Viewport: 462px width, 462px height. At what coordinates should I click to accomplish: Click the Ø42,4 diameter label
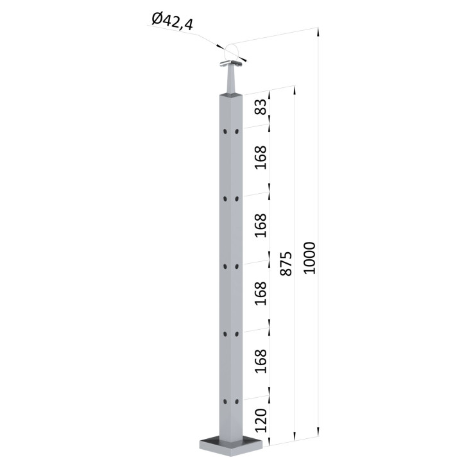(173, 22)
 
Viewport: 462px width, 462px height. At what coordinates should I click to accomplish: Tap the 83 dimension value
(261, 107)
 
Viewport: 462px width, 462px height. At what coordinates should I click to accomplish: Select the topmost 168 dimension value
(261, 157)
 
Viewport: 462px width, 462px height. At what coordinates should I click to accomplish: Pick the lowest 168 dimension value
(261, 361)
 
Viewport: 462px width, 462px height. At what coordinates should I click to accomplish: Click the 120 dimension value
(261, 420)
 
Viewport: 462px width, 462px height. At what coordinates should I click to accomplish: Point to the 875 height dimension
(286, 264)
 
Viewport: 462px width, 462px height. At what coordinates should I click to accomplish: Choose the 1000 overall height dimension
(309, 258)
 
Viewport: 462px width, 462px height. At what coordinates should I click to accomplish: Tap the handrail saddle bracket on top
(232, 64)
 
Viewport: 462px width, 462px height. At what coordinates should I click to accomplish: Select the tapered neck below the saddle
(231, 80)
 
